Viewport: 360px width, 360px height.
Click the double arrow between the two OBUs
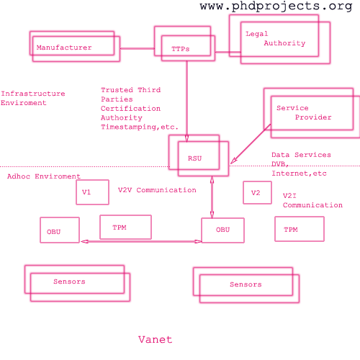(x=141, y=241)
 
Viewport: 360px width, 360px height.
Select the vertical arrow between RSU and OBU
(x=212, y=197)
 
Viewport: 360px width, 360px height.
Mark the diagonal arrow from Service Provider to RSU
(x=251, y=144)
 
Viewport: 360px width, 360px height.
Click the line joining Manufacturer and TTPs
(x=138, y=48)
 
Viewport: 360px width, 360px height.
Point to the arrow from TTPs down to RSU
(x=186, y=102)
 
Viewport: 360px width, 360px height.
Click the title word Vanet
(x=155, y=340)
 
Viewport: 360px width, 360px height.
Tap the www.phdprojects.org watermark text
(x=276, y=6)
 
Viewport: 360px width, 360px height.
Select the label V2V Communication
(x=157, y=190)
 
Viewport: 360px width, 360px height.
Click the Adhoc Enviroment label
(x=44, y=176)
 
